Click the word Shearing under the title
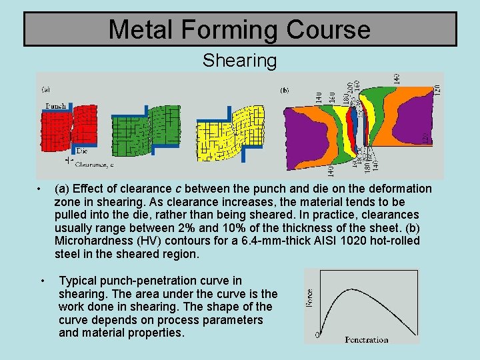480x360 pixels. [x=239, y=61]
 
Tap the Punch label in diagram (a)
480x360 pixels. [x=55, y=106]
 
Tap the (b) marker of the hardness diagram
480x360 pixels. [x=285, y=89]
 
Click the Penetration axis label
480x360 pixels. [x=367, y=339]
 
